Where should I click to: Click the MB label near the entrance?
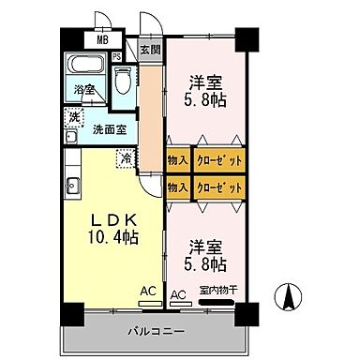(x=103, y=40)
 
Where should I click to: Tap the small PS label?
(x=116, y=56)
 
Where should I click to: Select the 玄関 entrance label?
(x=150, y=50)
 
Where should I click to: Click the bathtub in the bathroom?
(x=87, y=67)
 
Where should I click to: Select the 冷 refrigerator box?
(x=125, y=158)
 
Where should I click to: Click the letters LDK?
(x=113, y=221)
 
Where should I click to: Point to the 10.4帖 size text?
(x=114, y=238)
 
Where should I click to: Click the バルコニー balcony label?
(x=149, y=331)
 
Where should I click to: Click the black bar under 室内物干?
(x=217, y=304)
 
